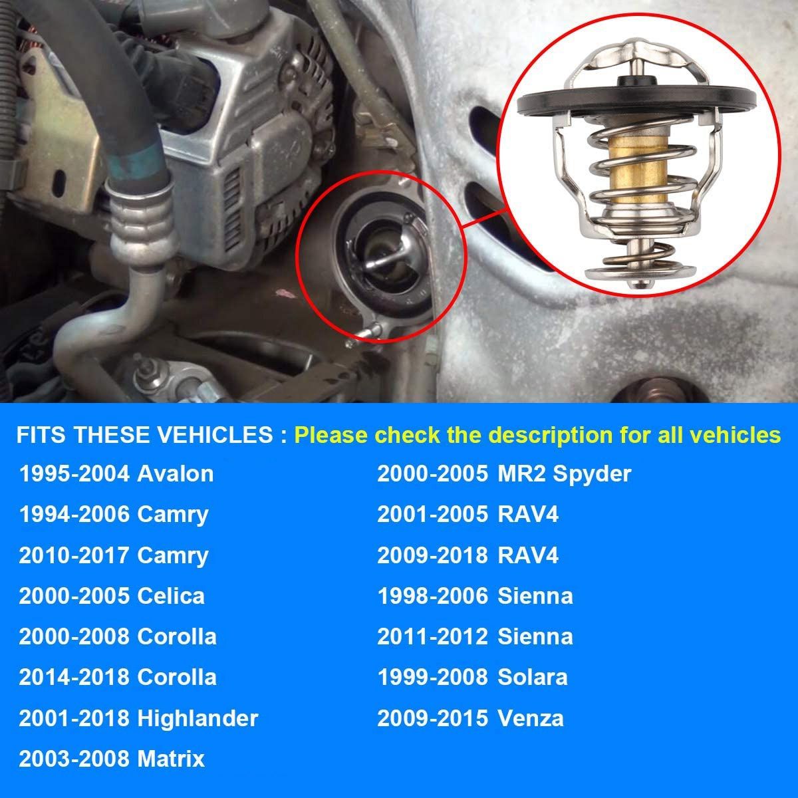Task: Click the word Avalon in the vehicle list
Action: [x=175, y=473]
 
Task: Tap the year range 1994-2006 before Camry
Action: [x=74, y=514]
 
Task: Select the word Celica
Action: [x=171, y=596]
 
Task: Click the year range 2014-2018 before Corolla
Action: [x=74, y=677]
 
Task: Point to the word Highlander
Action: [x=198, y=718]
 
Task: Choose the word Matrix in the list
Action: [x=171, y=759]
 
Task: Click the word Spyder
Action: [x=592, y=475]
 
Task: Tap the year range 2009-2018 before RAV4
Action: [x=432, y=555]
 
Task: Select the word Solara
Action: [x=532, y=677]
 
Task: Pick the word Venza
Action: [x=530, y=718]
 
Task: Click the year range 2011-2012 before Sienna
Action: [x=432, y=636]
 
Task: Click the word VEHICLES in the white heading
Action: [x=215, y=435]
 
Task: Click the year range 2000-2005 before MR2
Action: [x=432, y=473]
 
